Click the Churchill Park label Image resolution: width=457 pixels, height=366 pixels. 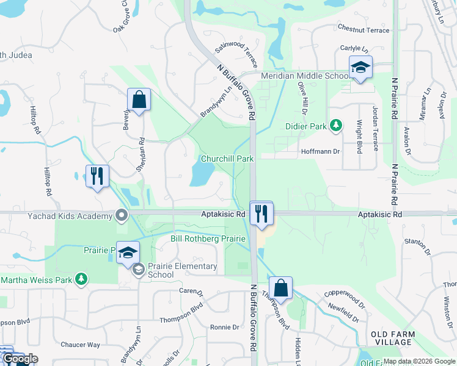pos(227,159)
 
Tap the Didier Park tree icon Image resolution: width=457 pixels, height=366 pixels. pos(335,126)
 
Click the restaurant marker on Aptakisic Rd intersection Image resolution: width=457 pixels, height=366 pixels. pos(261,213)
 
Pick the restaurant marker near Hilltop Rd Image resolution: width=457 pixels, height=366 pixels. pos(97,176)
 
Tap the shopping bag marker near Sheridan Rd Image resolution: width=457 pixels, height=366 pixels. pos(139,99)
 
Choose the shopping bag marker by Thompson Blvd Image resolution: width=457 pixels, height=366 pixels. pos(280,288)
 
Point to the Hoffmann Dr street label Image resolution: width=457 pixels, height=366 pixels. pos(320,151)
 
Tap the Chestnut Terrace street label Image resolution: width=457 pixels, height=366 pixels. pos(363,29)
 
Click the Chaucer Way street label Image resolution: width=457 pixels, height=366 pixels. pos(80,345)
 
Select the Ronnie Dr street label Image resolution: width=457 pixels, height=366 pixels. pos(224,328)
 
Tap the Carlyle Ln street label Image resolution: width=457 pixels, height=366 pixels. pos(354,49)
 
